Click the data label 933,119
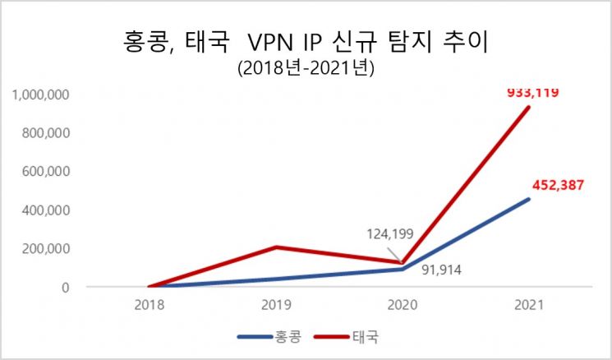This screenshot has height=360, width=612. (531, 92)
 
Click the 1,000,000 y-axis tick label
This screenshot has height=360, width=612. (42, 95)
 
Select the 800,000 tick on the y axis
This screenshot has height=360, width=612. (48, 133)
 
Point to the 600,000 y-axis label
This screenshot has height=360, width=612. (48, 172)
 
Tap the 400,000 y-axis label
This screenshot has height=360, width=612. (48, 210)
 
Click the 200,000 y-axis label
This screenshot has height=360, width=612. (48, 249)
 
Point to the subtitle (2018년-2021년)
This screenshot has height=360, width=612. (306, 71)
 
